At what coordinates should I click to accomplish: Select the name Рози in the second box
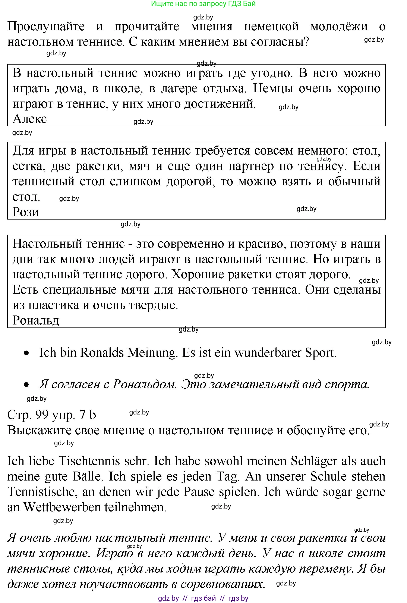click(26, 212)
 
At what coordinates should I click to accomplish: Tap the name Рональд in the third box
click(36, 320)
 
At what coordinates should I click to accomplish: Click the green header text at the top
click(203, 4)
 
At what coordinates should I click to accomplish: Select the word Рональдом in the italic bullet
click(145, 384)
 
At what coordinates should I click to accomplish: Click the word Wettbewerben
click(62, 507)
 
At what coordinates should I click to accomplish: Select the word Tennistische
click(41, 492)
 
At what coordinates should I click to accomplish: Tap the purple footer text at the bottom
click(203, 598)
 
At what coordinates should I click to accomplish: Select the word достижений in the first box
click(220, 104)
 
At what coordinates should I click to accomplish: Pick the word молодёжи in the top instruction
click(339, 27)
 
